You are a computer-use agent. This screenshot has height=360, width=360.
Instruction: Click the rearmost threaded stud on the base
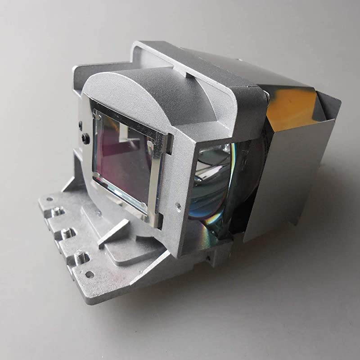58,211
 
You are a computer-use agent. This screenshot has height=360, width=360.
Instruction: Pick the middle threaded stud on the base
67,233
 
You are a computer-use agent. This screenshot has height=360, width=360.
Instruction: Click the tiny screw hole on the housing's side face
179,207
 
